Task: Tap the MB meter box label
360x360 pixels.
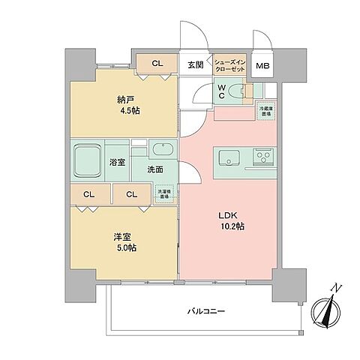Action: click(262, 65)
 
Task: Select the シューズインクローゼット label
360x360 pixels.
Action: click(229, 64)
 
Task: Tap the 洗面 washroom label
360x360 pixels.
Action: click(154, 169)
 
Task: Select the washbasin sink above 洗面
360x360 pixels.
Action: click(161, 147)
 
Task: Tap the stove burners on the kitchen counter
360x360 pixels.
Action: click(263, 157)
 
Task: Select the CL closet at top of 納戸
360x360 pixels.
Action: click(156, 64)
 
